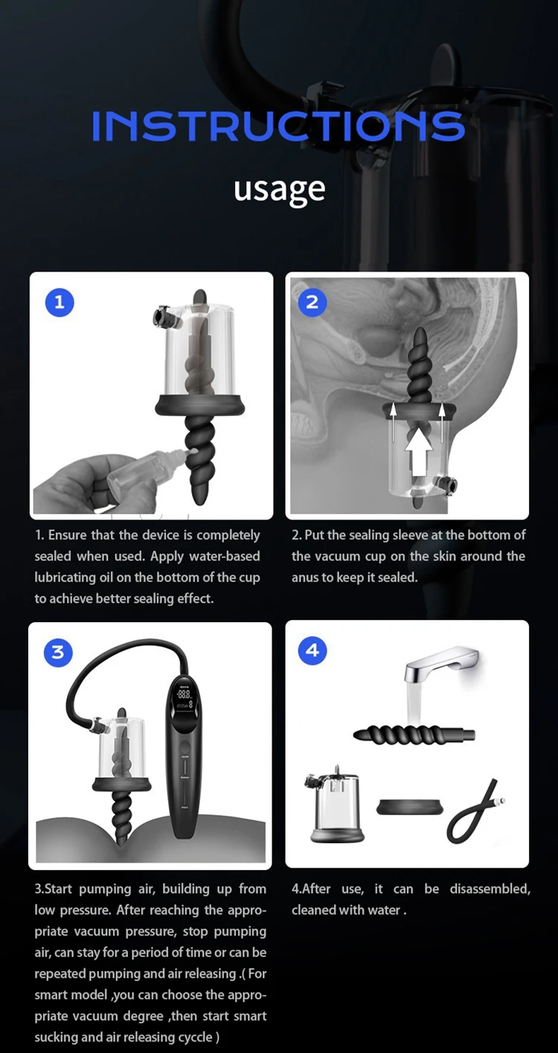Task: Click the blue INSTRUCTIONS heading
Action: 278,126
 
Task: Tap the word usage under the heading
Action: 279,191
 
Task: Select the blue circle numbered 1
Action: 60,302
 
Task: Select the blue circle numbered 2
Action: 312,302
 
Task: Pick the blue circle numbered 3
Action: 58,653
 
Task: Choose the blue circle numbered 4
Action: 312,650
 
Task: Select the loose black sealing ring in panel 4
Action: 409,807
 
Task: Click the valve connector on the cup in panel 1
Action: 167,317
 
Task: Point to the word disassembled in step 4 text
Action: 490,889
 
